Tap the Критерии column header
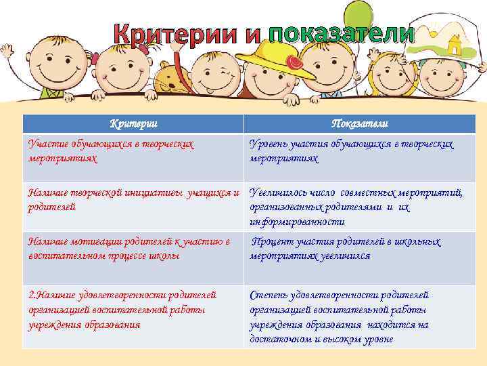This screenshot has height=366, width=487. pyautogui.click(x=133, y=123)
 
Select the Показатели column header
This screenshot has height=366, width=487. pyautogui.click(x=359, y=123)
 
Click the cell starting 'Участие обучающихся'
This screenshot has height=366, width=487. pyautogui.click(x=133, y=151)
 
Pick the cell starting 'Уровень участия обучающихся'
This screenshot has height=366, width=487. pyautogui.click(x=359, y=151)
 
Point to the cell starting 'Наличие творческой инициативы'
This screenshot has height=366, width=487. pyautogui.click(x=133, y=201)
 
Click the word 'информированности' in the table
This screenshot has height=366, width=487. pyautogui.click(x=288, y=222)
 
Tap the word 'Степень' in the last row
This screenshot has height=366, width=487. pyautogui.click(x=269, y=296)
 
